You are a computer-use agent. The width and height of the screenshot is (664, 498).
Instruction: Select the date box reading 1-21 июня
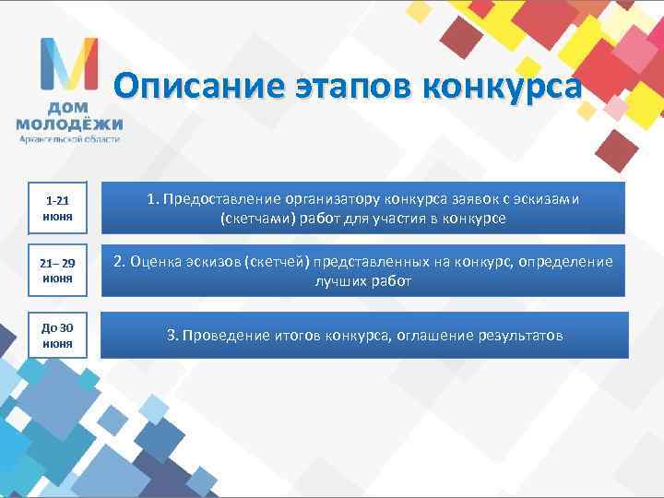58,207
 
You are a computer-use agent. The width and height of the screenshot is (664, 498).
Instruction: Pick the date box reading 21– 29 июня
58,269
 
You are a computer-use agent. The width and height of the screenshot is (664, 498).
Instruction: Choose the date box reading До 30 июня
58,335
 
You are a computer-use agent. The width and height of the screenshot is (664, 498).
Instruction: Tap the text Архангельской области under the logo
70,138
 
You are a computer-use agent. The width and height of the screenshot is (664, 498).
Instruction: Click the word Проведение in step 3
228,335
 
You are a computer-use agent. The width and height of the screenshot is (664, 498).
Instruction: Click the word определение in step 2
566,262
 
